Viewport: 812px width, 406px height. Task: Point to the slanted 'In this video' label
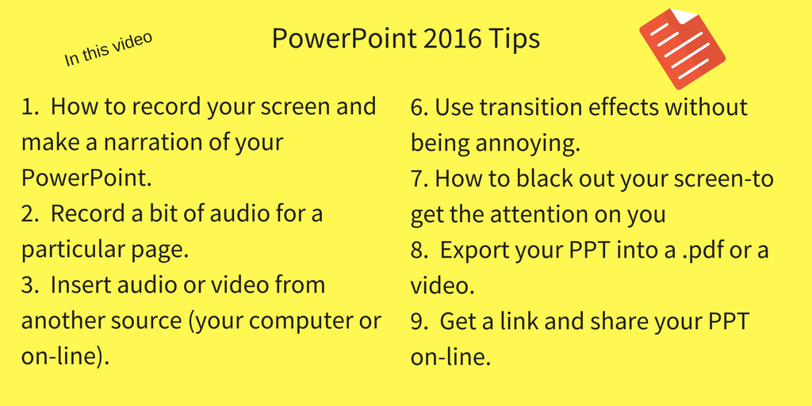pos(108,49)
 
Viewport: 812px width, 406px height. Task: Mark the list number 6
pos(418,107)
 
